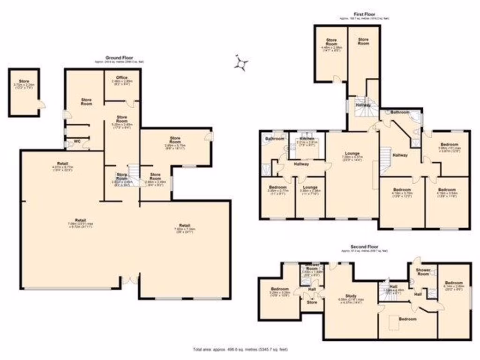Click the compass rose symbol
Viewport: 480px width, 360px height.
coord(241,63)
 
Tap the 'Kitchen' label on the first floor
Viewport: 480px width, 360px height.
coord(307,139)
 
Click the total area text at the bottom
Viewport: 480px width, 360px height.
coord(240,349)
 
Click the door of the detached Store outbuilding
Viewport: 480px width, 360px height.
coord(41,104)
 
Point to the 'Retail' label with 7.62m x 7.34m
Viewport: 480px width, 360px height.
coord(184,225)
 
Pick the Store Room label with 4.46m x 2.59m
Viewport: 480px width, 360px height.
coord(331,43)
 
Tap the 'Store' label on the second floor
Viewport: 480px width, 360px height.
coord(312,302)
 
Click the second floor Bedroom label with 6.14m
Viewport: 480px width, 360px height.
coord(453,283)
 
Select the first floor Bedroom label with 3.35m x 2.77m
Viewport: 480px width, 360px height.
coord(277,187)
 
